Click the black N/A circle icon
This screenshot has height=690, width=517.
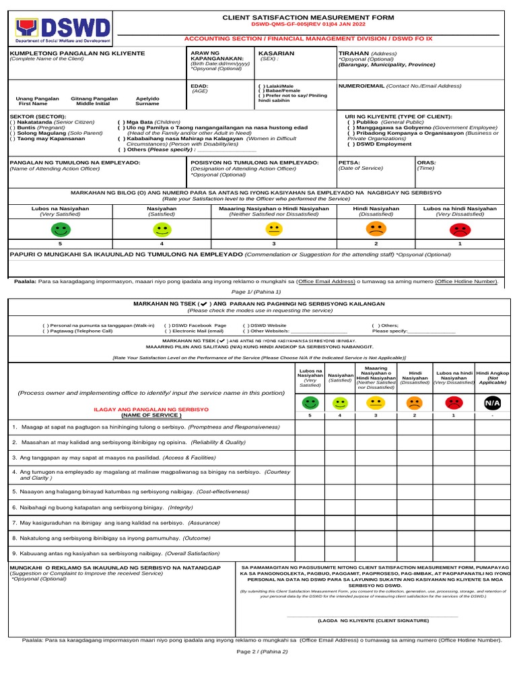492,404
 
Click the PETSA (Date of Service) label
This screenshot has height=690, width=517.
349,162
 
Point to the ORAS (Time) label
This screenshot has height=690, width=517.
426,162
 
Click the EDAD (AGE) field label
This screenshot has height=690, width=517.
199,86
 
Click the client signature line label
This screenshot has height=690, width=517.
372,619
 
